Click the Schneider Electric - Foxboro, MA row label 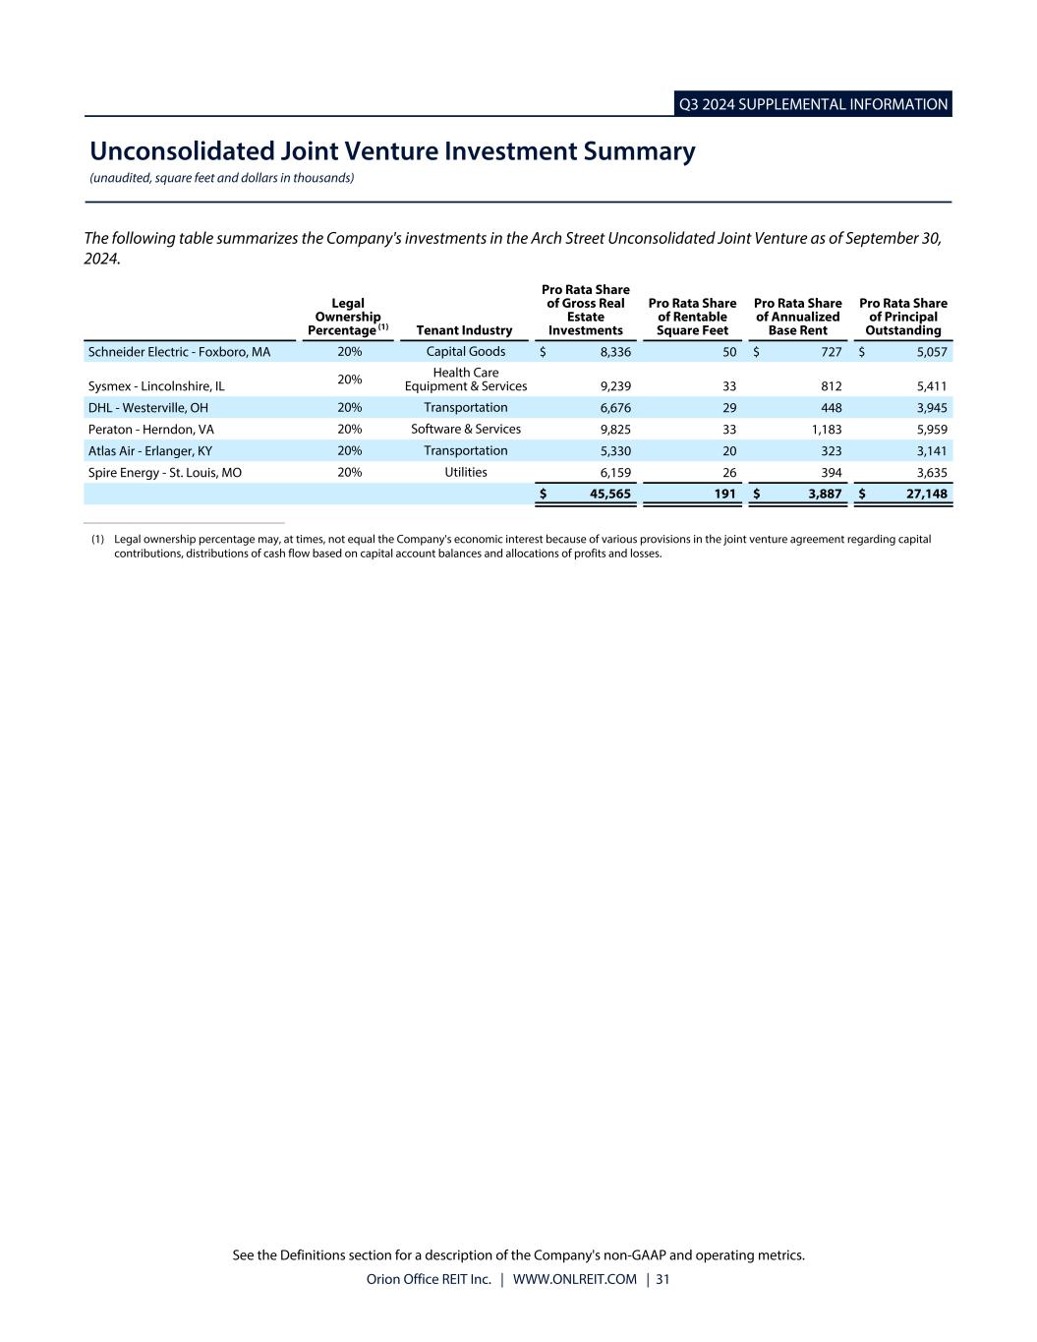click(179, 352)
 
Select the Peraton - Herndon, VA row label click(150, 430)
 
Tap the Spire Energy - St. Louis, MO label click(164, 473)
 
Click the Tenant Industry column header click(464, 330)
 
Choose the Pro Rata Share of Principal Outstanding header click(902, 317)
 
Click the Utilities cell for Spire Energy click(465, 473)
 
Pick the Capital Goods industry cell click(465, 352)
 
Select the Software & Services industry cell click(465, 430)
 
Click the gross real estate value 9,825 click(615, 430)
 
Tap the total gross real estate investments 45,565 click(609, 495)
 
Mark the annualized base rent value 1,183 click(826, 430)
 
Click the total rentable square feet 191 click(725, 495)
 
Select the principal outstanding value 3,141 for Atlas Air click(931, 451)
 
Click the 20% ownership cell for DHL click(349, 408)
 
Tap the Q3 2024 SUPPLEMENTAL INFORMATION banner click(813, 104)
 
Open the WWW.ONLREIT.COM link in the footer click(574, 1280)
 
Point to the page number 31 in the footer click(663, 1280)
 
